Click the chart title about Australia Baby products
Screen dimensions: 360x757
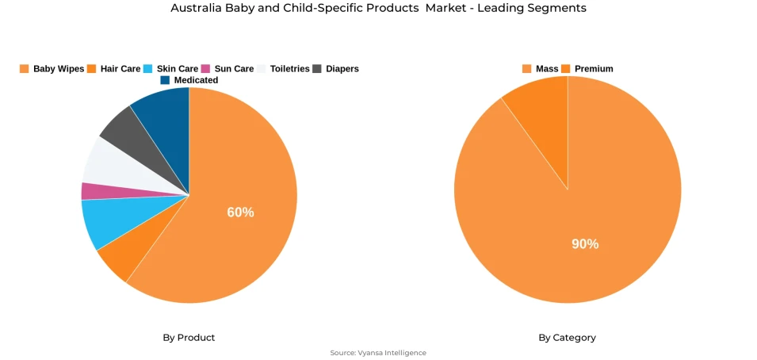(378, 8)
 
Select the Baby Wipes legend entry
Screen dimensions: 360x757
(52, 69)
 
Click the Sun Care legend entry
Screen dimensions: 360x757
(228, 69)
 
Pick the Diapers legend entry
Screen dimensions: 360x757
(336, 69)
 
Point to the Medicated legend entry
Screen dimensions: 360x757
(189, 80)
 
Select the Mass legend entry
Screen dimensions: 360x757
(541, 69)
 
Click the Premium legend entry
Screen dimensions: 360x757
(587, 69)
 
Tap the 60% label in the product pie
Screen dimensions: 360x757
(240, 213)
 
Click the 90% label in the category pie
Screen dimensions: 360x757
(585, 244)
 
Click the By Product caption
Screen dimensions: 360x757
(189, 338)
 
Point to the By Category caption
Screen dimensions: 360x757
(567, 338)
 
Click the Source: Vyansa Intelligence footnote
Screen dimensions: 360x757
(378, 353)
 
